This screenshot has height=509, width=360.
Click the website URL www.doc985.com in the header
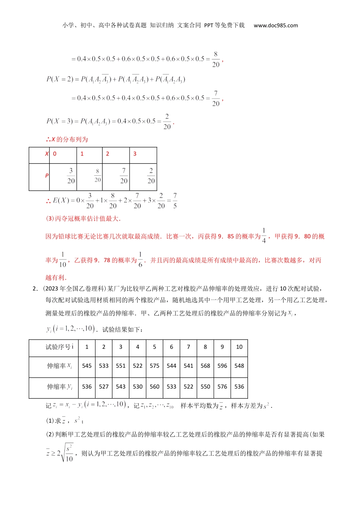pos(275,25)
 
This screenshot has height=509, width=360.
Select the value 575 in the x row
pos(155,366)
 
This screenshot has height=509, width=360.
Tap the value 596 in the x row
pos(222,366)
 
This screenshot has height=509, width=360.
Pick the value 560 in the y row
pos(155,387)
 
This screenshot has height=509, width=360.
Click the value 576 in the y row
pos(222,387)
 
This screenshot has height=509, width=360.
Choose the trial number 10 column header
pos(239,347)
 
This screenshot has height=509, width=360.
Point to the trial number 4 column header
pos(138,347)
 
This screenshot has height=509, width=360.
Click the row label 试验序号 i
pos(59,347)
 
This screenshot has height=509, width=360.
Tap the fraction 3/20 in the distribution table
pos(71,176)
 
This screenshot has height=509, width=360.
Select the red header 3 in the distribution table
pos(135,154)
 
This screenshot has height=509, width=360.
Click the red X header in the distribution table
pos(47,154)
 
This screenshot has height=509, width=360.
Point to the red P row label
pos(47,176)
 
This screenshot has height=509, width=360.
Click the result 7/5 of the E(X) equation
pos(175,201)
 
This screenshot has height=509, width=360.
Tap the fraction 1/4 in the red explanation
pos(264,236)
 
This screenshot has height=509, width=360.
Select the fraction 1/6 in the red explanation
pos(140,260)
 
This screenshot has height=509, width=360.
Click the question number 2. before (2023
pos(35,289)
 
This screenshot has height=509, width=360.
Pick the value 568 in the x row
pos(205,366)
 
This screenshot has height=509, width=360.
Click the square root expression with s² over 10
pos(67,453)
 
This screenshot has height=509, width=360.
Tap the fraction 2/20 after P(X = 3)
pos(167,122)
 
